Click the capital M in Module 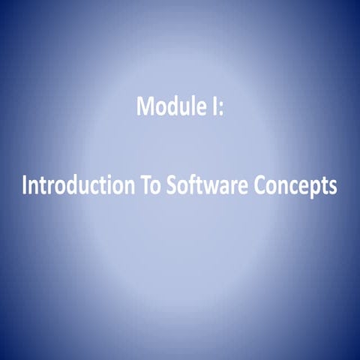pos(145,106)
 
